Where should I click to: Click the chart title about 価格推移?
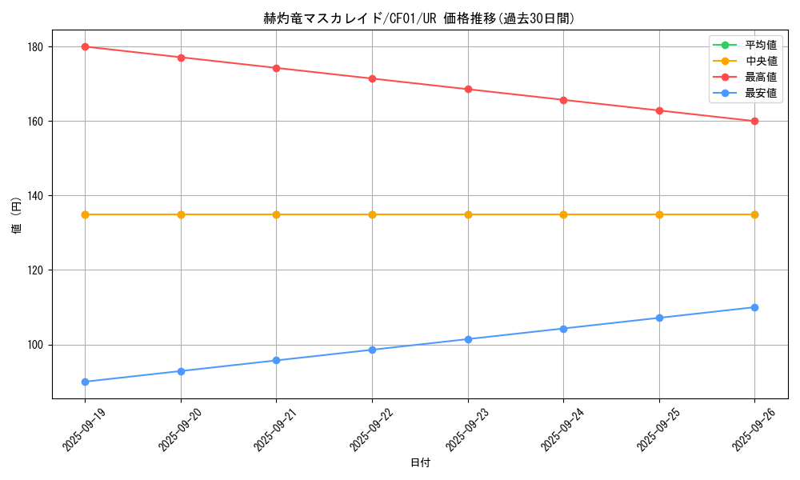pos(419,18)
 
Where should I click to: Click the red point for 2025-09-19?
pos(85,46)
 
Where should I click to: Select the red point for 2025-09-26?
pos(754,121)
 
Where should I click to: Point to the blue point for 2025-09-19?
pos(85,382)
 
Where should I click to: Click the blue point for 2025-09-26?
pos(754,307)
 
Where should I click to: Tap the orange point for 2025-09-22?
pos(372,214)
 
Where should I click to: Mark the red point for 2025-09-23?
pos(468,89)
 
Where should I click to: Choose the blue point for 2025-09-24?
pos(563,329)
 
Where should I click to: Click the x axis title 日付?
pos(420,463)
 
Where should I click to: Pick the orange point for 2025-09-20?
pos(181,214)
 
